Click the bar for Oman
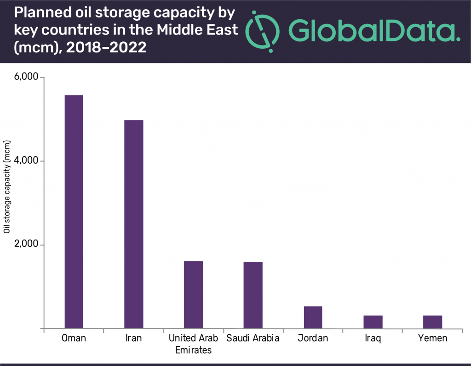coord(74,212)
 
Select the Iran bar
coord(133,224)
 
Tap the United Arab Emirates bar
coord(193,295)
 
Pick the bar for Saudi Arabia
coord(253,295)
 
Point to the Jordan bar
coord(313,317)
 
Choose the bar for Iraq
coord(373,322)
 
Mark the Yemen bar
coord(433,322)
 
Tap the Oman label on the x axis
coord(74,339)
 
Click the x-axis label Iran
coord(133,339)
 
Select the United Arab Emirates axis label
coord(193,344)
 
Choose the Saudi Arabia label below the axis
coord(253,339)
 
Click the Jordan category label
coord(313,339)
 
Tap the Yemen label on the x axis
coord(433,339)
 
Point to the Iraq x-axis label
coord(373,339)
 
